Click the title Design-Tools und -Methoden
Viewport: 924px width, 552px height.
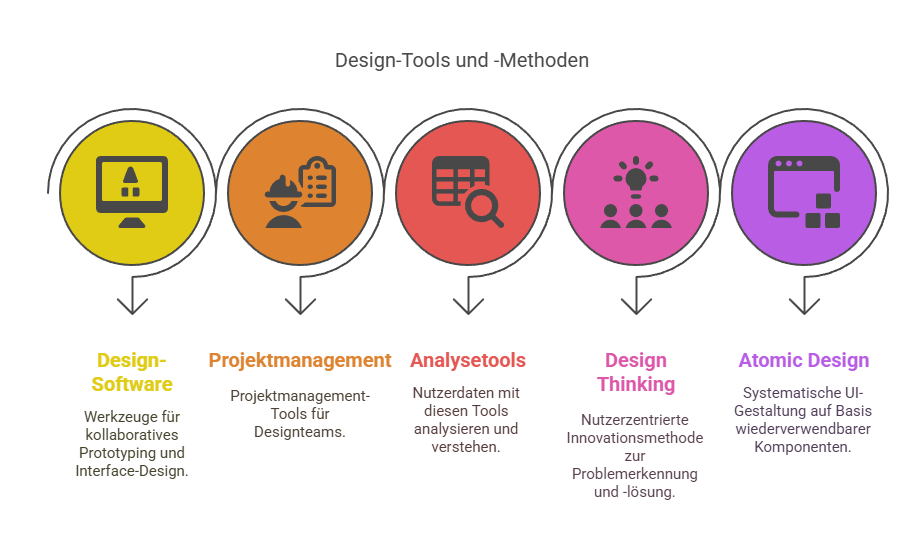(x=461, y=60)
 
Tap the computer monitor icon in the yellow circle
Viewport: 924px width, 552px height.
(x=132, y=191)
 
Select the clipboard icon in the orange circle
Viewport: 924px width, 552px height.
(x=318, y=182)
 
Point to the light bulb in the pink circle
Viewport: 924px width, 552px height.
(x=636, y=178)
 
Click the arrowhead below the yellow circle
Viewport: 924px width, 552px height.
(x=132, y=306)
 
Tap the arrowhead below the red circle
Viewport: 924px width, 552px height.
(x=468, y=306)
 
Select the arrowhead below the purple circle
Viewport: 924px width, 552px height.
(x=804, y=306)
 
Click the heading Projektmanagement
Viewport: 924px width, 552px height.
(x=300, y=360)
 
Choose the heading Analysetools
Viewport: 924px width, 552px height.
(x=468, y=360)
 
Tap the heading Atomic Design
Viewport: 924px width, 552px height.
(x=804, y=360)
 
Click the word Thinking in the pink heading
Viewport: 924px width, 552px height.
(x=636, y=384)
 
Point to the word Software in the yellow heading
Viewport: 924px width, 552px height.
(x=132, y=384)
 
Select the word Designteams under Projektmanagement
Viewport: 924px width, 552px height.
(x=300, y=432)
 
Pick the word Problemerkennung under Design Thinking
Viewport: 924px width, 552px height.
(x=635, y=474)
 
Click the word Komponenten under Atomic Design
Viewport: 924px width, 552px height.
(x=803, y=447)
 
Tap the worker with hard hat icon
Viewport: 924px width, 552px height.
(x=283, y=201)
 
